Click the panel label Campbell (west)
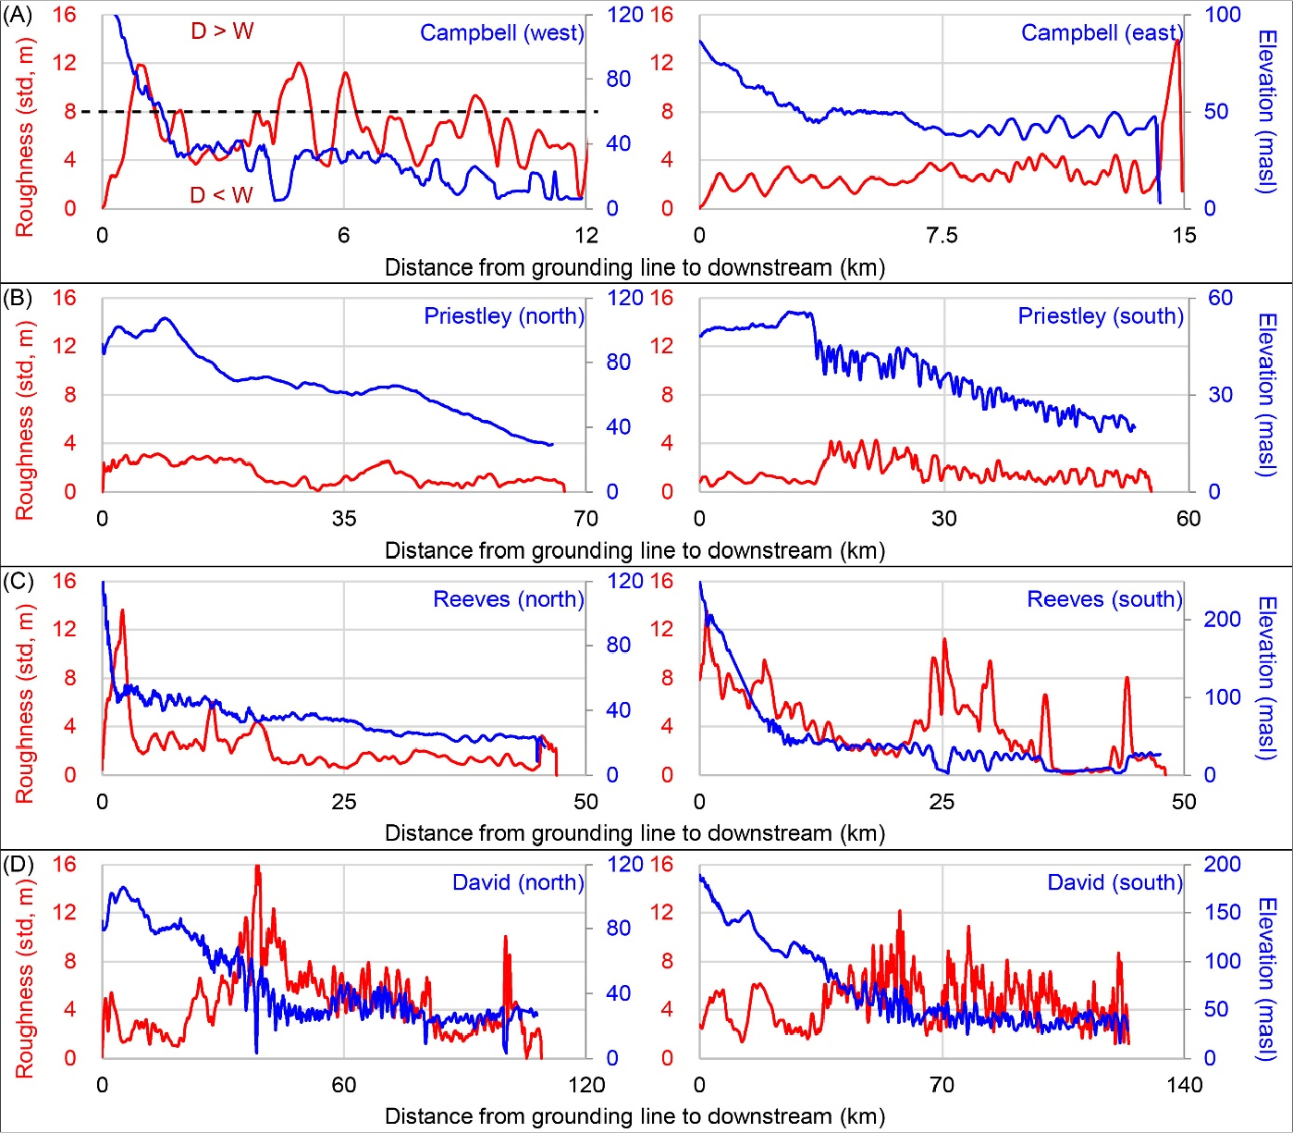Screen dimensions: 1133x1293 (501, 33)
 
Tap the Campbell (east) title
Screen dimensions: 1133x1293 (1102, 33)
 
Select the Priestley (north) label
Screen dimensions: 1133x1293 (504, 316)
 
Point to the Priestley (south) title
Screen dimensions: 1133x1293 (1101, 316)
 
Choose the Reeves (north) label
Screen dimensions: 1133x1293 (509, 599)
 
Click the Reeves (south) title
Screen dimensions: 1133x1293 (1104, 599)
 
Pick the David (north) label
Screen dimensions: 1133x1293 (518, 882)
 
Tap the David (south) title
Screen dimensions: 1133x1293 (1114, 882)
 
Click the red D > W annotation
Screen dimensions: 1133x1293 (222, 31)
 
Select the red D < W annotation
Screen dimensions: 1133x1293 (221, 195)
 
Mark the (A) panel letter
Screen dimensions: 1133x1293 (18, 15)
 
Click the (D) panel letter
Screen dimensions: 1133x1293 (18, 864)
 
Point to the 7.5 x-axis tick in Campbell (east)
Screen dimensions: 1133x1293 (942, 236)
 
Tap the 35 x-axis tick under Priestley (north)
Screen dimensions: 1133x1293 (344, 519)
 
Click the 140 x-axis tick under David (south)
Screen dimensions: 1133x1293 (1184, 1085)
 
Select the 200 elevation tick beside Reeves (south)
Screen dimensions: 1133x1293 (1222, 619)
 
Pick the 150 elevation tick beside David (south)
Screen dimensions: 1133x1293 (1222, 912)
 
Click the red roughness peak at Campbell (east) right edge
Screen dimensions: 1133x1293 (1176, 42)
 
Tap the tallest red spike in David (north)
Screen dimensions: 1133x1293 (257, 868)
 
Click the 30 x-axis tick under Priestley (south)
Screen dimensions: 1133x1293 (943, 519)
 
